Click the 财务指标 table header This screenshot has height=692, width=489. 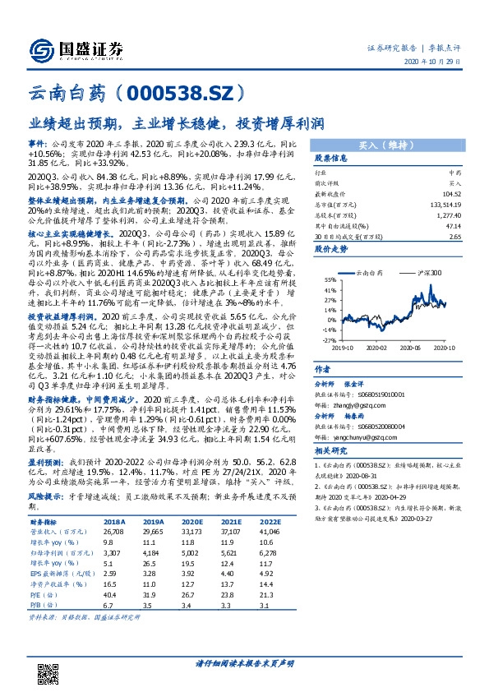(44, 521)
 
